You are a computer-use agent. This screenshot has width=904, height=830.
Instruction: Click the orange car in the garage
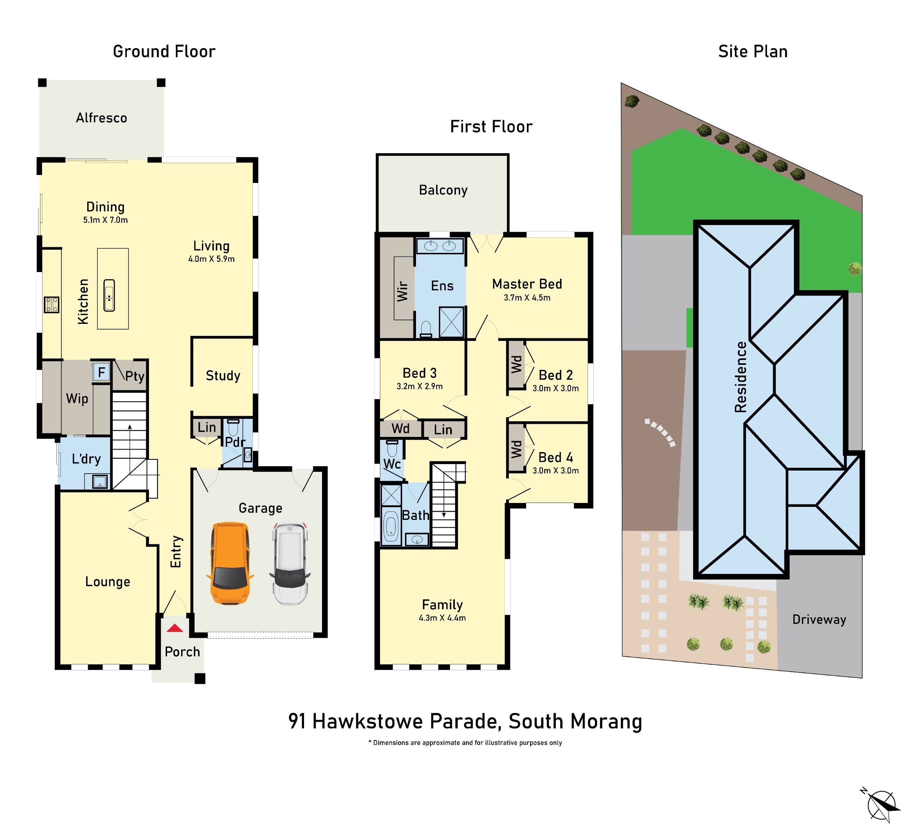coord(230,563)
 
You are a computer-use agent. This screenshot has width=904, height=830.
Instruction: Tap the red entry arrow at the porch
coord(175,628)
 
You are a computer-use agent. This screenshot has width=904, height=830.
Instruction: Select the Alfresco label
coord(101,118)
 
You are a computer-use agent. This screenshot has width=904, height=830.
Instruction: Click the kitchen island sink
coord(109,295)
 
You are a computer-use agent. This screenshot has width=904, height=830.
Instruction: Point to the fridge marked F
coord(101,372)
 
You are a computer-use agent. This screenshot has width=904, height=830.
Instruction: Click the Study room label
coord(223,375)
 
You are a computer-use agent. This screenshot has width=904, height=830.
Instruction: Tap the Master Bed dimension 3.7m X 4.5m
coord(527,297)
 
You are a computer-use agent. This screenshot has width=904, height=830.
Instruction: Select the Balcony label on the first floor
coord(443,190)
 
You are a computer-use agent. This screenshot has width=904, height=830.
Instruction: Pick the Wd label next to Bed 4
coord(516,448)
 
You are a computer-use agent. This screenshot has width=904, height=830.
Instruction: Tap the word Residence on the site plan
coord(741,377)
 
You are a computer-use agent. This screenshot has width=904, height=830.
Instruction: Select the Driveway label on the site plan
coord(819,619)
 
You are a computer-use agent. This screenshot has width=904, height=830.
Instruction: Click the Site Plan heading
coord(753,51)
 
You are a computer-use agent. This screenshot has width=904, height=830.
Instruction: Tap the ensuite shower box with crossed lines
coord(451,321)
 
